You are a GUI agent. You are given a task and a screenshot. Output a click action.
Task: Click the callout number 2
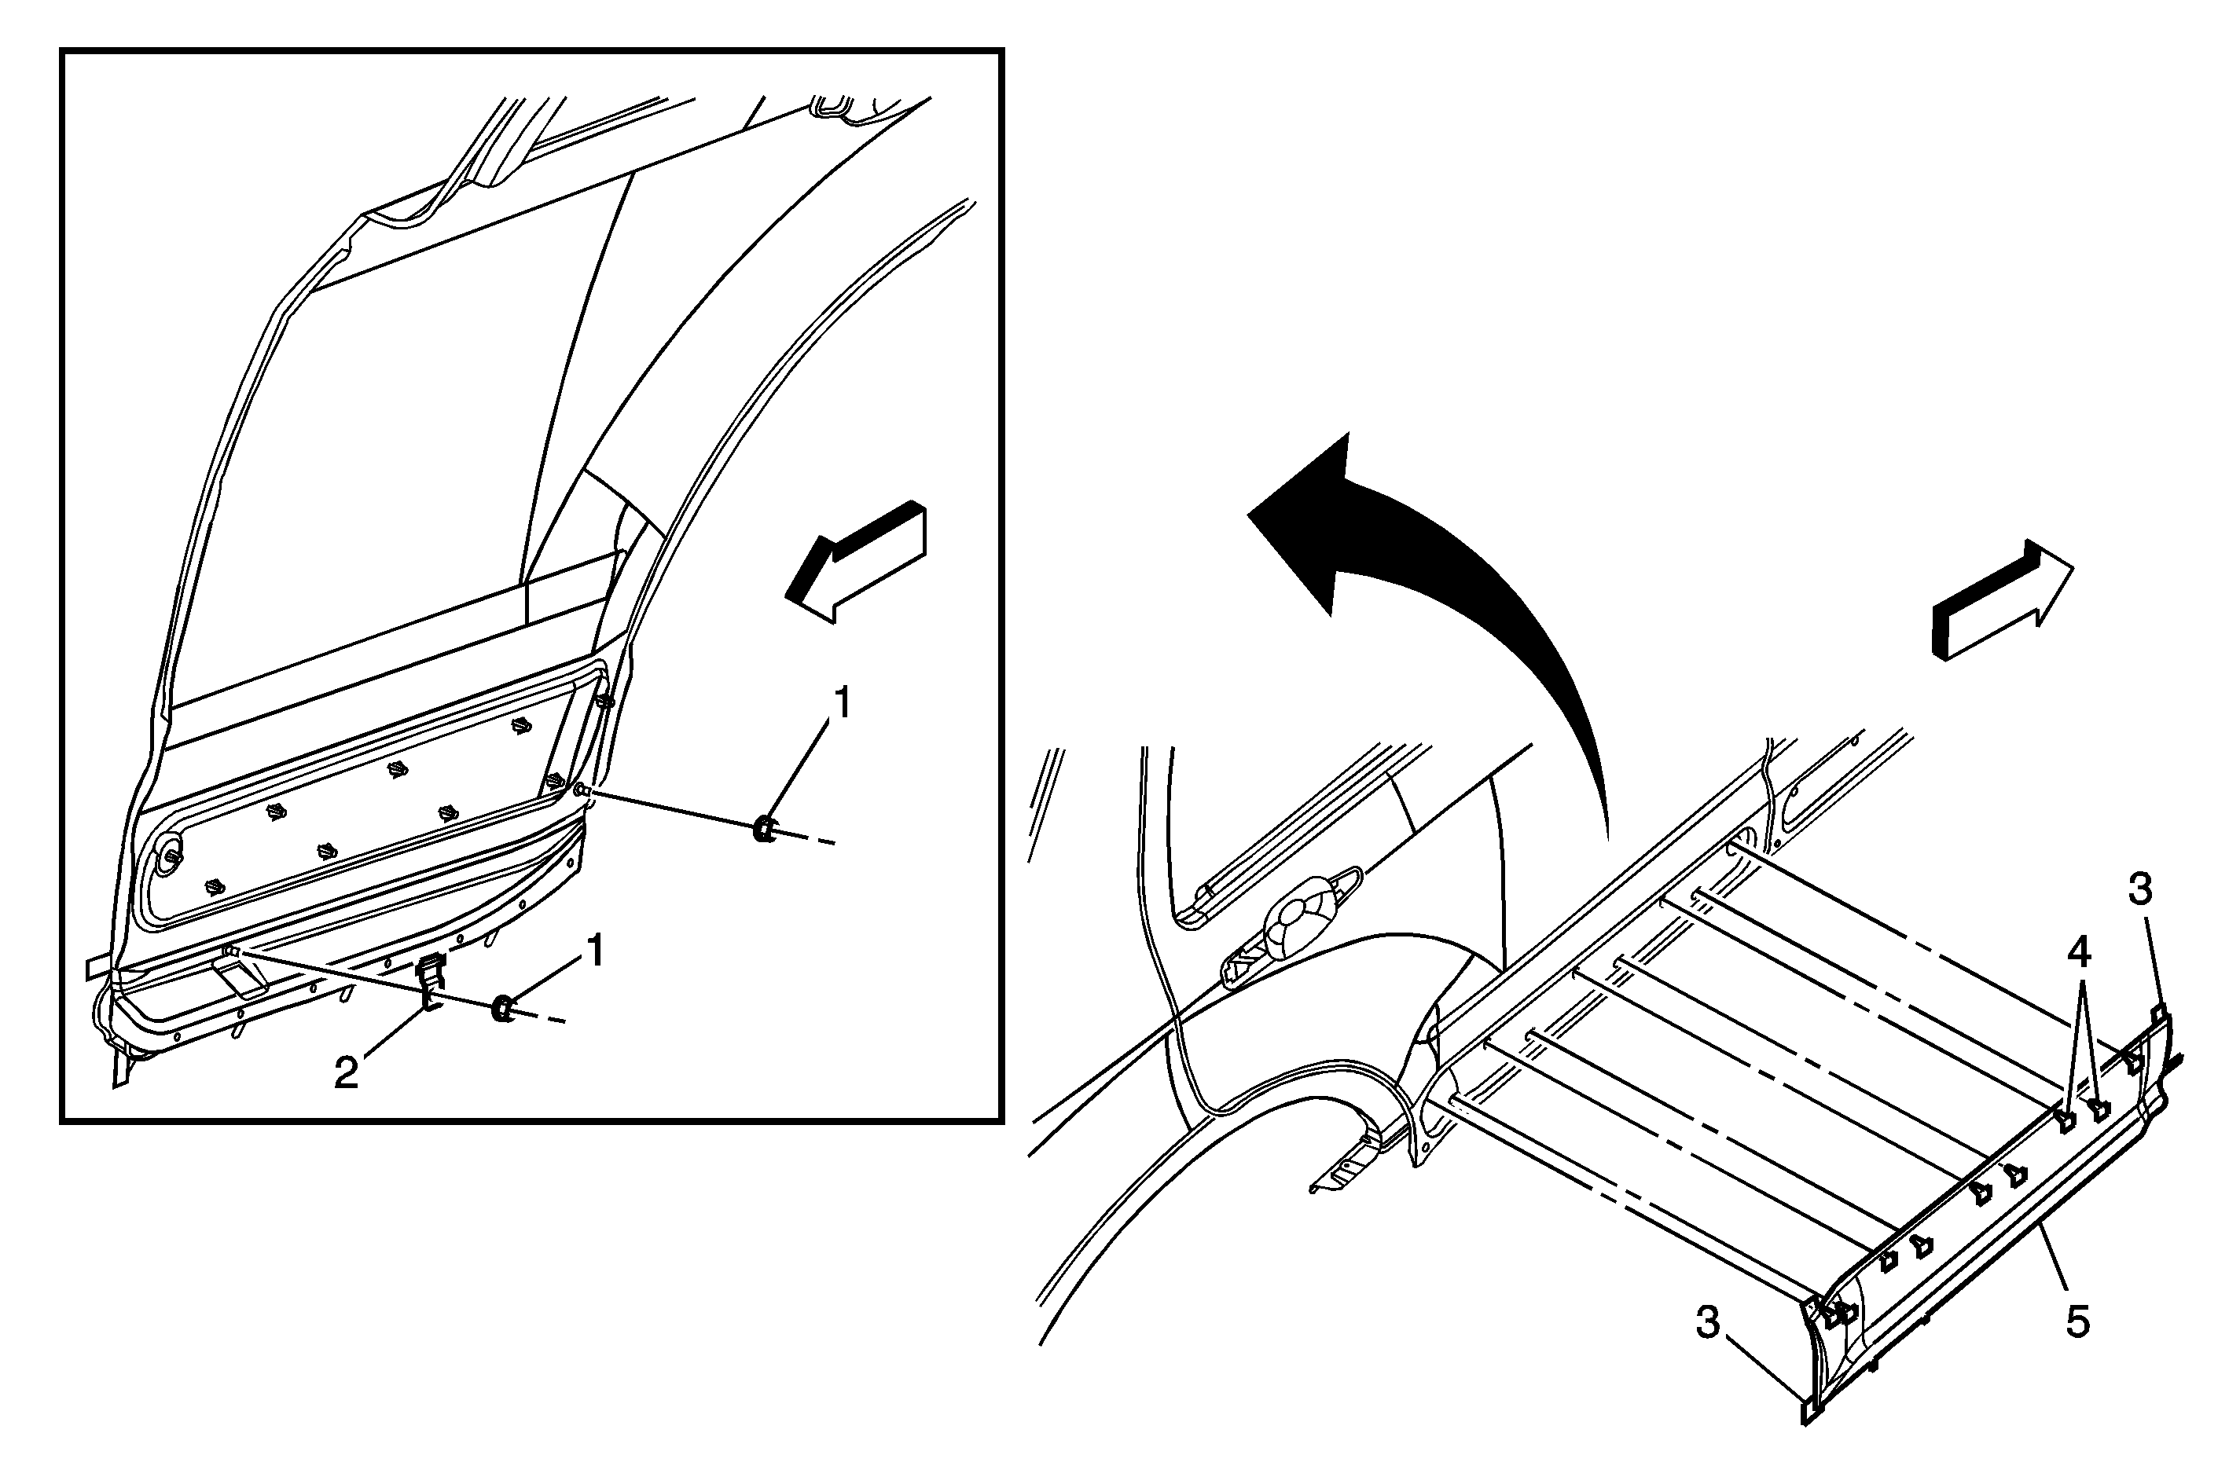click(347, 1072)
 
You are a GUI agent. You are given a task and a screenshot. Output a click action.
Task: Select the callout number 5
click(2077, 1321)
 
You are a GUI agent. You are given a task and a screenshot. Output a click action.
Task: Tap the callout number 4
click(2078, 953)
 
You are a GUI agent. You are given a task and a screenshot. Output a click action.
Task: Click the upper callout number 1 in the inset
click(843, 703)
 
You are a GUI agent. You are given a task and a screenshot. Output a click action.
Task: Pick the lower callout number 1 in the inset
click(594, 951)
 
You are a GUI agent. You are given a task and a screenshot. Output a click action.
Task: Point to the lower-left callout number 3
click(1707, 1322)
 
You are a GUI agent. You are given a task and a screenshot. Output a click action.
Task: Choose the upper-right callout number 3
click(2140, 889)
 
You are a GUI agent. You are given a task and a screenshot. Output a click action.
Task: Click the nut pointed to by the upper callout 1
click(764, 830)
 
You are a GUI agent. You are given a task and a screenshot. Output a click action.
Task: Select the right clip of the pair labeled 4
click(2098, 1110)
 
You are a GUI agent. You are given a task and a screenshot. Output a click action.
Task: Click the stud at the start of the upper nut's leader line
click(582, 790)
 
